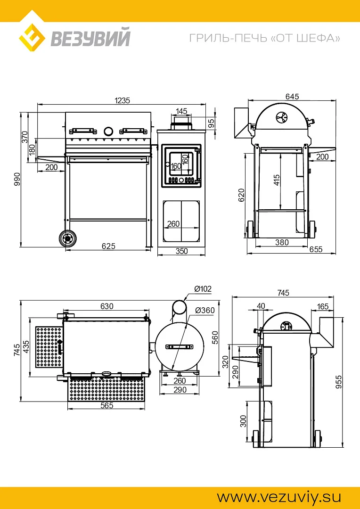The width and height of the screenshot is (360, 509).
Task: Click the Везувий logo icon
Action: click(32, 37)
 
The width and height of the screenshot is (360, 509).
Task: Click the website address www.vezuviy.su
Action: click(278, 497)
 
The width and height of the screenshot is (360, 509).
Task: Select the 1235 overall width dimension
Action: click(122, 100)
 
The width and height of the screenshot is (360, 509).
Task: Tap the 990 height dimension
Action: click(17, 180)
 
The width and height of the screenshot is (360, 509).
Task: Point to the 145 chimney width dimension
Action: click(181, 111)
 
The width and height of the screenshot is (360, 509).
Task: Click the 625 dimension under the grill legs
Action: click(109, 246)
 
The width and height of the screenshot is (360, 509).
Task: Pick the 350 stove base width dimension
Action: click(181, 251)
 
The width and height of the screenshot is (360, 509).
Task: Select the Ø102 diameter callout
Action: click(203, 289)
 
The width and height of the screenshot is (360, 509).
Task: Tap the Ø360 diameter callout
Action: click(205, 310)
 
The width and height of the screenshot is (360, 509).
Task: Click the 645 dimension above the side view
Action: click(292, 97)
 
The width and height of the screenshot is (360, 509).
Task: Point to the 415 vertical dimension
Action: click(277, 180)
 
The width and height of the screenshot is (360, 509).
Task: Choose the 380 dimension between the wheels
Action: click(282, 242)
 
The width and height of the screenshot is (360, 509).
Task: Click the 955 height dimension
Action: click(339, 382)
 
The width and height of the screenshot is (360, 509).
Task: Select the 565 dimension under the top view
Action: click(107, 405)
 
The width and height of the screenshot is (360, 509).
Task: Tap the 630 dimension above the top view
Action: click(107, 306)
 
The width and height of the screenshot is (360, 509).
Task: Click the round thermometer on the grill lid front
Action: click(108, 131)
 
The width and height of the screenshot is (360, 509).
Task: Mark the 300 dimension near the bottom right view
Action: click(243, 421)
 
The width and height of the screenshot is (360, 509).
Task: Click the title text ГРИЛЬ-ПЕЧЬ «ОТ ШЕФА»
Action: click(265, 38)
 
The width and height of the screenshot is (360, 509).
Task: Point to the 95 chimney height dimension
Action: click(212, 123)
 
